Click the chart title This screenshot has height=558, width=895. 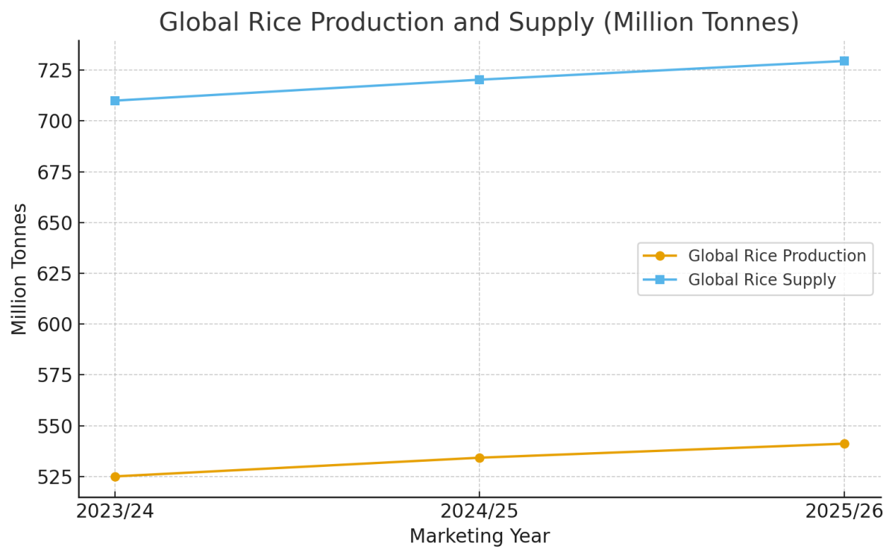pyautogui.click(x=479, y=22)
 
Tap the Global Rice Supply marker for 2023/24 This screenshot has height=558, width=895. pyautogui.click(x=115, y=101)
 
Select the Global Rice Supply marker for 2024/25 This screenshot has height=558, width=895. pyautogui.click(x=480, y=80)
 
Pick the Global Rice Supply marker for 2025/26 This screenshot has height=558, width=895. pyautogui.click(x=844, y=61)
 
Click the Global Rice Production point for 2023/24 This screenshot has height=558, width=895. pyautogui.click(x=115, y=477)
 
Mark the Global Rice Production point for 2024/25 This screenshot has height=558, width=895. pyautogui.click(x=480, y=458)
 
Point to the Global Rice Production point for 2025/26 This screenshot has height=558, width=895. pyautogui.click(x=844, y=444)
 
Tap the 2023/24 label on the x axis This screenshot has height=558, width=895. pyautogui.click(x=115, y=512)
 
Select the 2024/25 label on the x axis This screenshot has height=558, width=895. pyautogui.click(x=480, y=512)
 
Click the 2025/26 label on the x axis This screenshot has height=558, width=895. pyautogui.click(x=844, y=512)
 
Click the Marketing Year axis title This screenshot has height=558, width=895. pyautogui.click(x=480, y=536)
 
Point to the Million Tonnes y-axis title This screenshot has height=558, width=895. pyautogui.click(x=19, y=269)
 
